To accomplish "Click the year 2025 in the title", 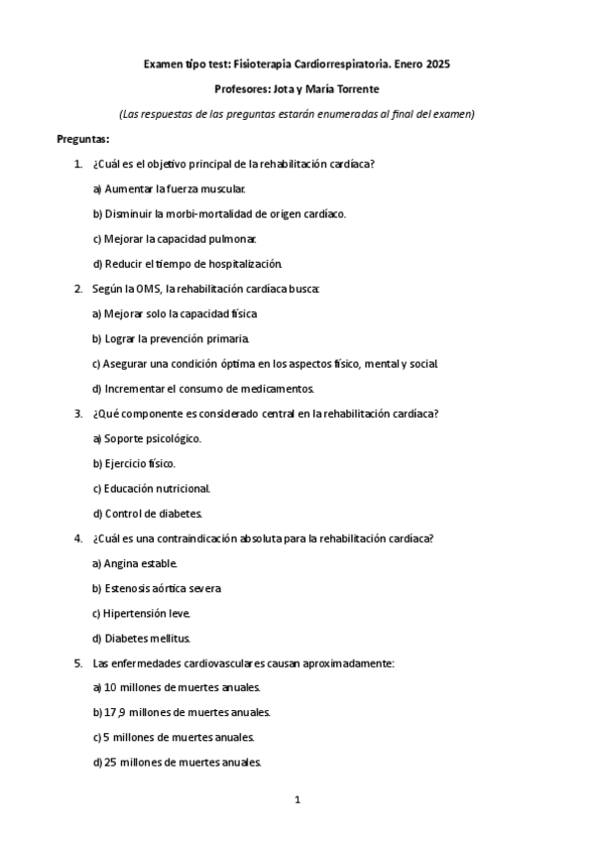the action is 437,63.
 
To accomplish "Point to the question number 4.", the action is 78,539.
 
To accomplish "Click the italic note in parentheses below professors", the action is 297,113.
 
